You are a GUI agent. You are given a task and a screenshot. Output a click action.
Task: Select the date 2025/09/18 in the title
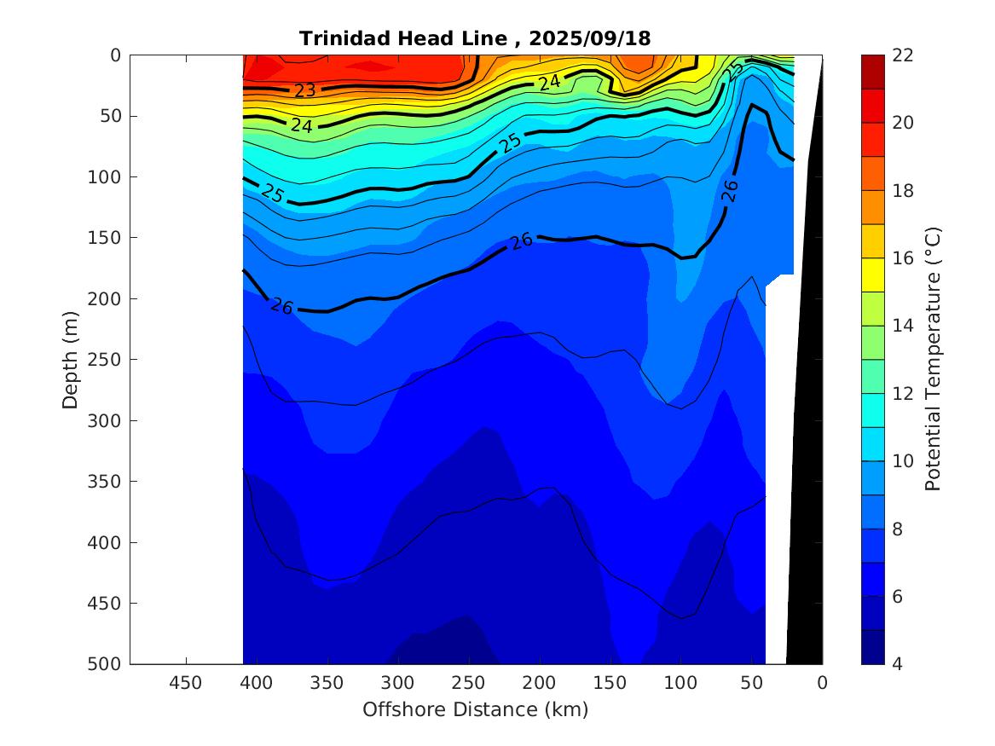tap(589, 38)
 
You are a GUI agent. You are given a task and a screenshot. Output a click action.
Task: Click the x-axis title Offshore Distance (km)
tap(475, 709)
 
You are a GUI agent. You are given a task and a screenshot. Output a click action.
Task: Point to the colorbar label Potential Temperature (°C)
tap(933, 359)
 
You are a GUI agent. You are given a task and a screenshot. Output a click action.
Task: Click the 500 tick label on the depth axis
tap(107, 664)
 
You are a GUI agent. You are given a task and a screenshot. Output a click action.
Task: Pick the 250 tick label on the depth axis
tap(107, 360)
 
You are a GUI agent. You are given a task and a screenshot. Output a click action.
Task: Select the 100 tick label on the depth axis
tap(107, 177)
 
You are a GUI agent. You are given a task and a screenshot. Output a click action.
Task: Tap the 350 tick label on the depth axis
tap(107, 482)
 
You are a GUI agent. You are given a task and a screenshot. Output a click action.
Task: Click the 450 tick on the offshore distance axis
tap(186, 682)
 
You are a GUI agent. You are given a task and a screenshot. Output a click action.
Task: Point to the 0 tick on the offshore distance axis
tap(822, 682)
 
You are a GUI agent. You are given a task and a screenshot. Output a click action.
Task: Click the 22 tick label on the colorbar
tap(902, 55)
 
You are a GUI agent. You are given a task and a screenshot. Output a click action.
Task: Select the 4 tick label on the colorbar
tap(898, 664)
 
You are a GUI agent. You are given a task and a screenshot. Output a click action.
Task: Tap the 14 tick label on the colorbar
tap(902, 326)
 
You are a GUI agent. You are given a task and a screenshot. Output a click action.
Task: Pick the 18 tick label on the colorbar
tap(902, 191)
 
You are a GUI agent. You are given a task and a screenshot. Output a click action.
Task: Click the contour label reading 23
tap(305, 90)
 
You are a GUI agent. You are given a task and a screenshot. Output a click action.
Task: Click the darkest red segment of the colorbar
tap(873, 72)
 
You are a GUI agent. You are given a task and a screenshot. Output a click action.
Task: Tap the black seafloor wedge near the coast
tap(806, 512)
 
